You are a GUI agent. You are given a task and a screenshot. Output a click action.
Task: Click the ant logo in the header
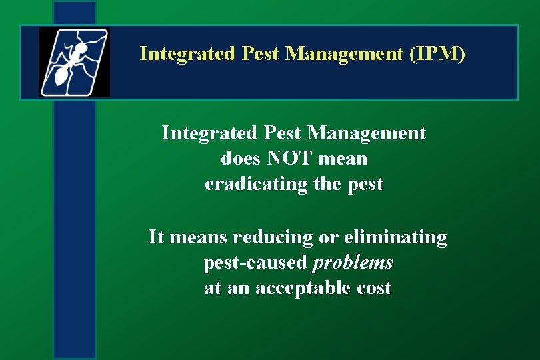tap(74, 62)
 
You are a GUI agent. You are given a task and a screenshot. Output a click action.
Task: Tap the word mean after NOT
tap(343, 159)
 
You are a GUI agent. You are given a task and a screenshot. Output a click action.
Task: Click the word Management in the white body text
tap(366, 133)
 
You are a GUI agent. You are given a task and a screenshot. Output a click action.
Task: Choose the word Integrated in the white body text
tap(208, 133)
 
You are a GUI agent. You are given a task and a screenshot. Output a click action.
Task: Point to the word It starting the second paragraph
tap(156, 237)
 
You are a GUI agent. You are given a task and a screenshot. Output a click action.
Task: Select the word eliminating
tap(396, 237)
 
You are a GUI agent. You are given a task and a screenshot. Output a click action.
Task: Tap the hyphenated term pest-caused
tap(255, 263)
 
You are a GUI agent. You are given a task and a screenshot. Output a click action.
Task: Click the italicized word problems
tap(353, 263)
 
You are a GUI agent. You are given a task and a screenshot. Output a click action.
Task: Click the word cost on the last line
tap(374, 288)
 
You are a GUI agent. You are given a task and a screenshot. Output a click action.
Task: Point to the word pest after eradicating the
tap(365, 184)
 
